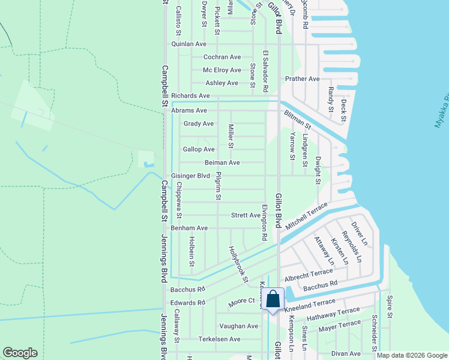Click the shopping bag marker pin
point(273,300)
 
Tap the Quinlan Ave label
point(188,44)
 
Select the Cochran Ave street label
point(222,57)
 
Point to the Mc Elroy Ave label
point(221,70)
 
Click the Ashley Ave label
point(221,83)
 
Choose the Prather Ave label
point(303,79)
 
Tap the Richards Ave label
point(190,95)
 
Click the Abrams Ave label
point(188,110)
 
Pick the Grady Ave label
point(199,124)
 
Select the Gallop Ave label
point(199,149)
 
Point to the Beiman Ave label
point(222,163)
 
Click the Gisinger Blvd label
point(190,176)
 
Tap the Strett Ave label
point(246,215)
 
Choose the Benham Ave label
point(189,228)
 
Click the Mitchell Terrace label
point(307,214)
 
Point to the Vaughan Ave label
point(238,326)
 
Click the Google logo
point(20,353)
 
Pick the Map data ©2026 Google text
point(411,355)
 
